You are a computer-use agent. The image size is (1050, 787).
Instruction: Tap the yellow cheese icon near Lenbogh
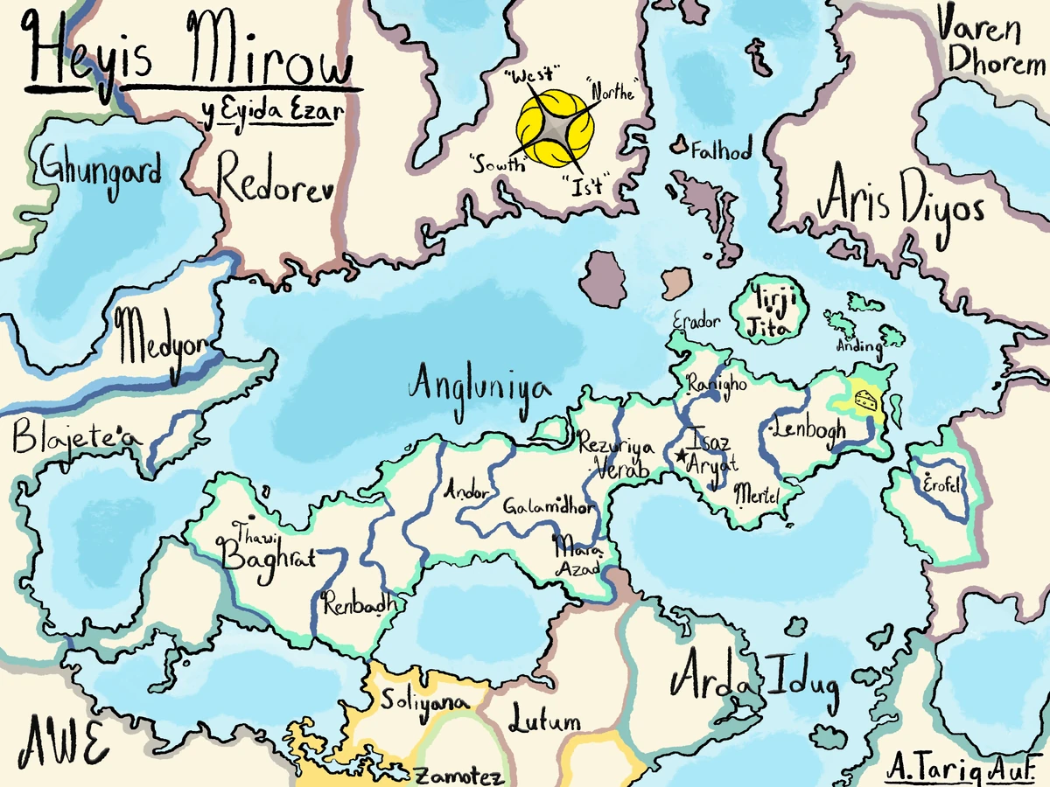pyautogui.click(x=865, y=399)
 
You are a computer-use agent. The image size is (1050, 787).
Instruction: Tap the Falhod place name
pyautogui.click(x=720, y=151)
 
